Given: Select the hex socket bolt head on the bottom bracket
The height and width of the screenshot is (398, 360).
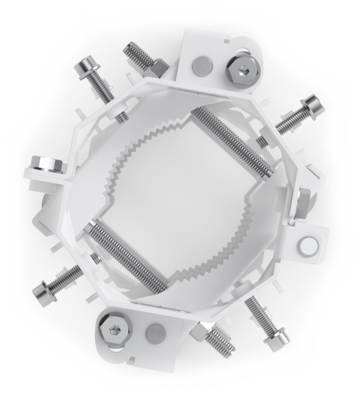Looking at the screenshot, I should click(115, 329).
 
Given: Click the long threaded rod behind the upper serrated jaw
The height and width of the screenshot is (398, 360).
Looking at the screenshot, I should click(230, 140).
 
